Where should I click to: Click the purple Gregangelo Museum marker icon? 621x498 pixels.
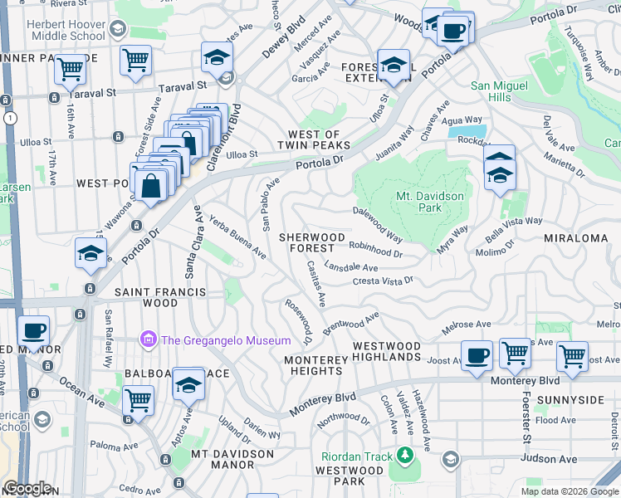click(149, 340)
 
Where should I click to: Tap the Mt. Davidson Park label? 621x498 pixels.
click(431, 203)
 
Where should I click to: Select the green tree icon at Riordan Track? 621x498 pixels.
click(404, 455)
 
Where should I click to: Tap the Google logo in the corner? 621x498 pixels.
click(28, 488)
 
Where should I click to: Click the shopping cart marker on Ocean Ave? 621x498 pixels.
click(138, 401)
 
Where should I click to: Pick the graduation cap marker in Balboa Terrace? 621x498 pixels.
click(188, 385)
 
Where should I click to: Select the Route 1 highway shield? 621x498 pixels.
click(9, 119)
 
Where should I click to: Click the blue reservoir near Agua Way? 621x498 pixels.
click(466, 130)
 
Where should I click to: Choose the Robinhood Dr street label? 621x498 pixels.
click(375, 249)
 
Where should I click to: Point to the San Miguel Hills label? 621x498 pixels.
click(502, 91)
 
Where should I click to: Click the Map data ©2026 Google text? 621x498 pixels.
click(569, 491)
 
